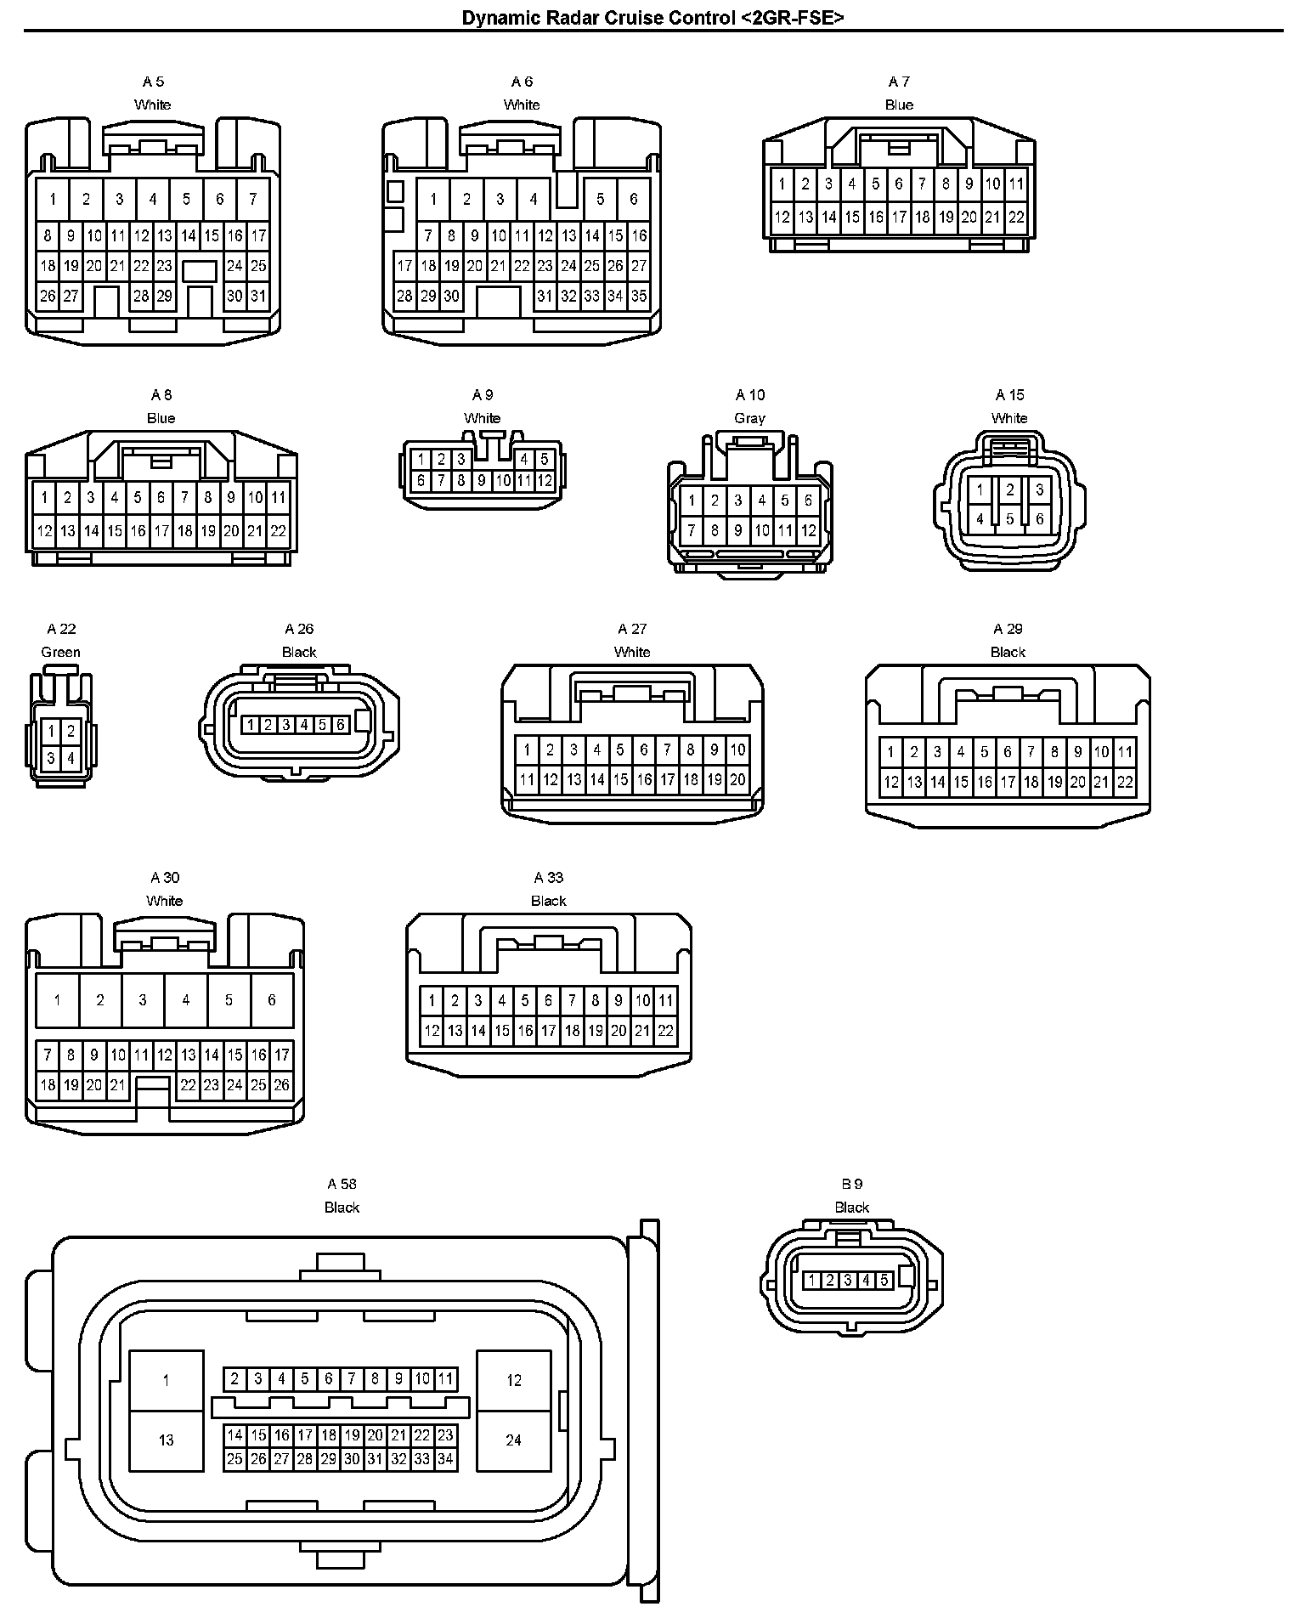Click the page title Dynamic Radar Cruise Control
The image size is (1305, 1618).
click(652, 18)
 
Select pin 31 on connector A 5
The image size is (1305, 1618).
click(258, 297)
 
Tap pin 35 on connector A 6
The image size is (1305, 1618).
click(639, 297)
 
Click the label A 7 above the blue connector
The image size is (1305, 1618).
click(899, 82)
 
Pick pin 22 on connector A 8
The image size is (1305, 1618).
click(278, 531)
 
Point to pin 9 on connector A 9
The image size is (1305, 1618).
click(482, 481)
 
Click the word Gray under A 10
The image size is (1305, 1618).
click(749, 418)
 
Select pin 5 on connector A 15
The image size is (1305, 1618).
click(1009, 518)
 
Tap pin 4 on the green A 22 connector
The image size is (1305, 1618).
click(71, 758)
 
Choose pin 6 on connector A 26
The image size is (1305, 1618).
click(340, 725)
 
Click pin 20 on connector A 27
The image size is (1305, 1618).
click(737, 779)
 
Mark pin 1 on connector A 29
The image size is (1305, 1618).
click(890, 751)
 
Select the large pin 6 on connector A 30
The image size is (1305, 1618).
click(272, 1000)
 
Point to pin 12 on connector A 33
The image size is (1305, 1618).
click(432, 1031)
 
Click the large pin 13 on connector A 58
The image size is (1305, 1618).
click(166, 1440)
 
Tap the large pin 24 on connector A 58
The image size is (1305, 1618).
click(513, 1440)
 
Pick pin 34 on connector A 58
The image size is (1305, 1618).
click(445, 1459)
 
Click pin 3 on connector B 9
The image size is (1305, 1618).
click(848, 1280)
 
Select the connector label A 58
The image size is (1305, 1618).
click(342, 1184)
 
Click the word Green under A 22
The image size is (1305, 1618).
click(61, 652)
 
